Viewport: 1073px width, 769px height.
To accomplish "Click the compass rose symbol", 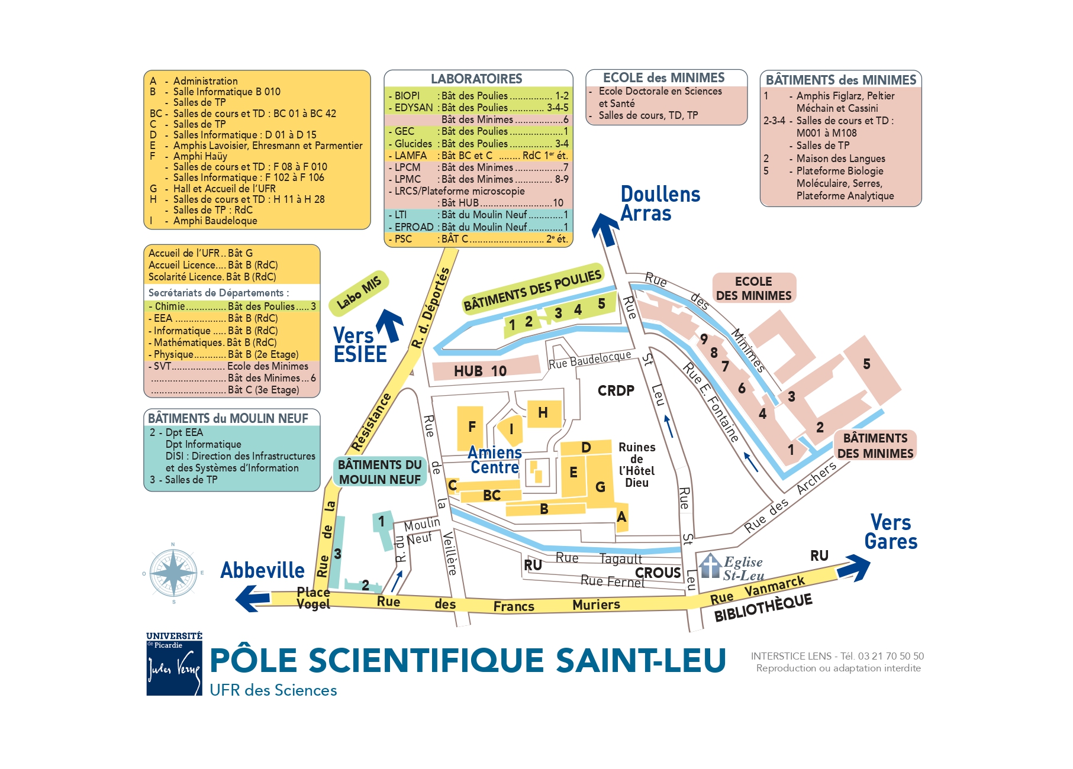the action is pyautogui.click(x=173, y=573).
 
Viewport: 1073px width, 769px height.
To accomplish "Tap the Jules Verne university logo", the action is pyautogui.click(x=175, y=664).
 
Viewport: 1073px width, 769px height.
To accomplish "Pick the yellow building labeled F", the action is pyautogui.click(x=471, y=428).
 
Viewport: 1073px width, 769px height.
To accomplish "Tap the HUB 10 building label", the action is pyautogui.click(x=480, y=371).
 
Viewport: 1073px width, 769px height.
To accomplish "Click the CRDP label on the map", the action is pyautogui.click(x=616, y=390).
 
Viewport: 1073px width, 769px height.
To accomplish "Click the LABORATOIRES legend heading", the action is pyautogui.click(x=476, y=79).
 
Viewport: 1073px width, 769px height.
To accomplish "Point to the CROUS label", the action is pyautogui.click(x=658, y=573).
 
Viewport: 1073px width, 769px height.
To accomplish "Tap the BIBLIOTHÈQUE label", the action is pyautogui.click(x=763, y=608).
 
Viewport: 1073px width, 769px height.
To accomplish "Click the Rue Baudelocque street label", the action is pyautogui.click(x=589, y=359).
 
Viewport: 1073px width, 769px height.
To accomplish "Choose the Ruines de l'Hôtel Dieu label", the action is pyautogui.click(x=637, y=465).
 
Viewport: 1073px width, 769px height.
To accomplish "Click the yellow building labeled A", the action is pyautogui.click(x=621, y=516).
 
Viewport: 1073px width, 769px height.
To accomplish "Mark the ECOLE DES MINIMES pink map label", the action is pyautogui.click(x=754, y=288).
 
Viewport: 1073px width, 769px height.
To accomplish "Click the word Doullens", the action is pyautogui.click(x=660, y=194).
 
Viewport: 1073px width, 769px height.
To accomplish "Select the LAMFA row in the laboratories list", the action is pyautogui.click(x=478, y=156).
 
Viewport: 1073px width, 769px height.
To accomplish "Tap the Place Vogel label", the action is pyautogui.click(x=314, y=598).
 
